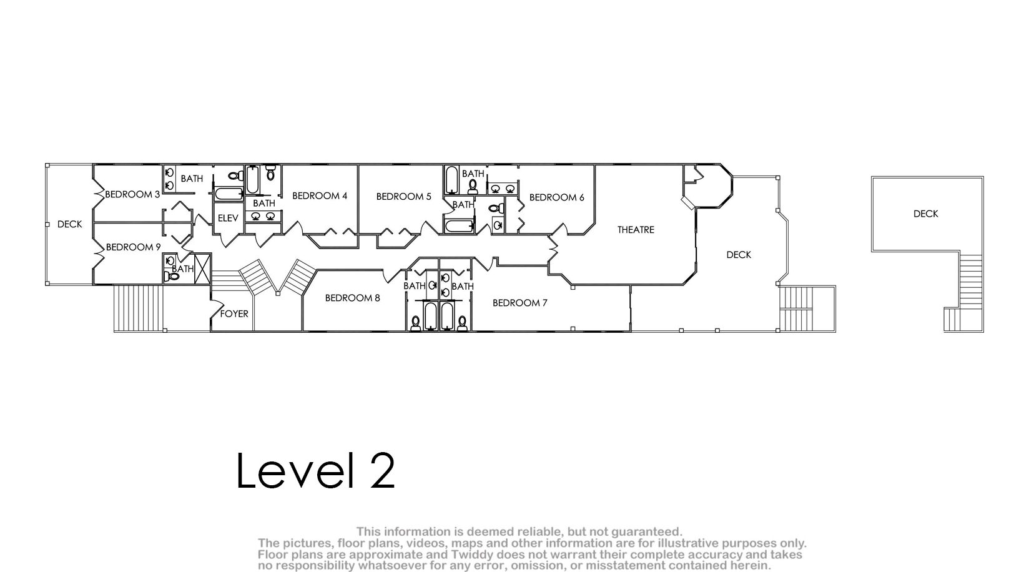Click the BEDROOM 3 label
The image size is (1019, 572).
(132, 194)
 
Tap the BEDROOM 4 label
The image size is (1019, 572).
(319, 195)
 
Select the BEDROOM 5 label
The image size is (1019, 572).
(403, 197)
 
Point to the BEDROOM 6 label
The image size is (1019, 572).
(556, 197)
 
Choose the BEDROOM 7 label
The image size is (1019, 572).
(520, 303)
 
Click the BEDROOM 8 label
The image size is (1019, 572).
(353, 298)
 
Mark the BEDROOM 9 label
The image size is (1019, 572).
(133, 247)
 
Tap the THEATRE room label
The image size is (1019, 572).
(636, 230)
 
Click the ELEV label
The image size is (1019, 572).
(228, 219)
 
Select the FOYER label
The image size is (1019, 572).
(234, 314)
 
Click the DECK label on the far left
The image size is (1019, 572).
(69, 224)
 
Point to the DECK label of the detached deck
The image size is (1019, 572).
(926, 214)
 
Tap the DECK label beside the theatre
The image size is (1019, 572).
(739, 255)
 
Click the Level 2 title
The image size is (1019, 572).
(315, 470)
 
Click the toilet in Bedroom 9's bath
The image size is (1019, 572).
(172, 276)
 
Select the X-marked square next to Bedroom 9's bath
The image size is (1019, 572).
(202, 269)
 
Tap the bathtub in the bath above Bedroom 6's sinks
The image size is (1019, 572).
(451, 180)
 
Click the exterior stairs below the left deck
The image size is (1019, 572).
(138, 308)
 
